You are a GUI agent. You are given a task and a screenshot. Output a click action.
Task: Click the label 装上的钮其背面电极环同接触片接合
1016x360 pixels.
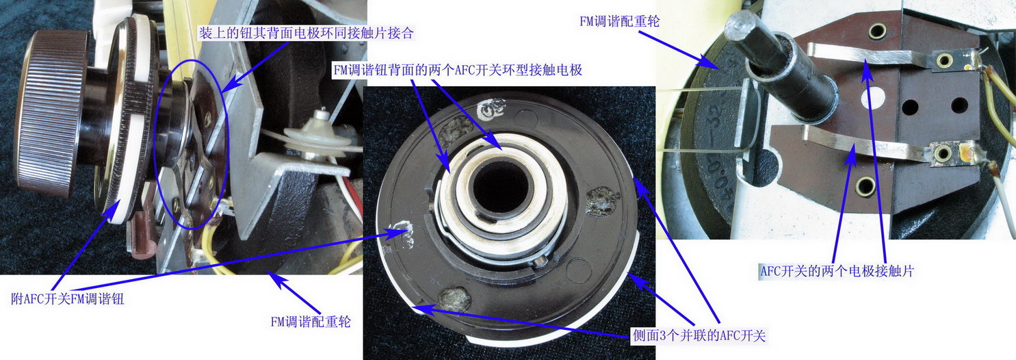pyautogui.click(x=306, y=33)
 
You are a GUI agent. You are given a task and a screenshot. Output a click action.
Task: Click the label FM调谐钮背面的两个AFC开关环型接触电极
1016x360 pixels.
pyautogui.click(x=457, y=70)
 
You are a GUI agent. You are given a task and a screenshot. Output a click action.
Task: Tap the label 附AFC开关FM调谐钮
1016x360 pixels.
pyautogui.click(x=67, y=298)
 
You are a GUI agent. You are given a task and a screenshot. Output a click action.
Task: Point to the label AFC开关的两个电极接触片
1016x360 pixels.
pyautogui.click(x=837, y=271)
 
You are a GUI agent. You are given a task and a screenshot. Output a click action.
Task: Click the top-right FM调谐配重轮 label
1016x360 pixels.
pyautogui.click(x=620, y=21)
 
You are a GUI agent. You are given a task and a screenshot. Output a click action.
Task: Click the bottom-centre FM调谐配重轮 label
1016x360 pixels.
pyautogui.click(x=311, y=322)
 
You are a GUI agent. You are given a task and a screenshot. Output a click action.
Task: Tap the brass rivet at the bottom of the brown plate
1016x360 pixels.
pyautogui.click(x=865, y=186)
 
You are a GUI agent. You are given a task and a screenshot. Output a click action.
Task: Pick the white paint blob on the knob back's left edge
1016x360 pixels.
pyautogui.click(x=403, y=233)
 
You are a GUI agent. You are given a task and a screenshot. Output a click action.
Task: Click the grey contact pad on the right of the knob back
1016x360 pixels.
pyautogui.click(x=601, y=203)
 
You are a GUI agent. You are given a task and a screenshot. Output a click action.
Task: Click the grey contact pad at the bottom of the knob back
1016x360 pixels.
pyautogui.click(x=454, y=298)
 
